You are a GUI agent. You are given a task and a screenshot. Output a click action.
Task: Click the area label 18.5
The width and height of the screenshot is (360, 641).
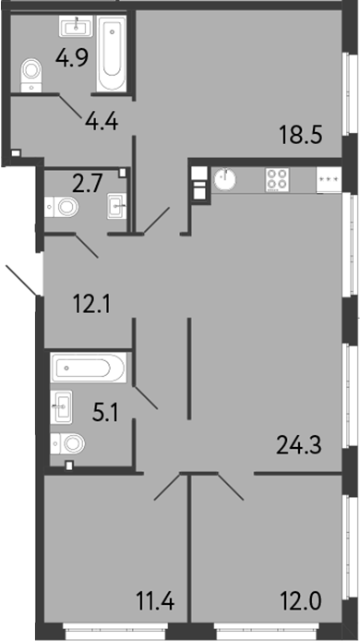(x=301, y=135)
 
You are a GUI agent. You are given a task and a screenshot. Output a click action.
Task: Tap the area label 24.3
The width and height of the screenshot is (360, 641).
(x=299, y=445)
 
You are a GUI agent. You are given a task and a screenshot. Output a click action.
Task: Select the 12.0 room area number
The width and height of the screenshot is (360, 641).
(x=301, y=601)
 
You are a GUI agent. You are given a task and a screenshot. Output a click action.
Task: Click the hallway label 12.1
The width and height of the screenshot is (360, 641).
(x=92, y=304)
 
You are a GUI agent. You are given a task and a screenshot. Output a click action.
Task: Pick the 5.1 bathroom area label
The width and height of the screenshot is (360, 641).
(x=105, y=415)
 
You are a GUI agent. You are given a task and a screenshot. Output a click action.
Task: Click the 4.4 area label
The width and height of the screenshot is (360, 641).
(x=102, y=121)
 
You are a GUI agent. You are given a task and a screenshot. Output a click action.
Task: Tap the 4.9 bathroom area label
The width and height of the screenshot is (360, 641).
(x=72, y=58)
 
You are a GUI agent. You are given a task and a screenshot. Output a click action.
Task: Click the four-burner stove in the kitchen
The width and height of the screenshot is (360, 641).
(x=277, y=180)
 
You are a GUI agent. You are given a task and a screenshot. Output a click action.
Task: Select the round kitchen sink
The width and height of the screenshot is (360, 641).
(x=224, y=180)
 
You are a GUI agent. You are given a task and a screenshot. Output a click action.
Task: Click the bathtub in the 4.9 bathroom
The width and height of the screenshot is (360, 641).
(x=112, y=54)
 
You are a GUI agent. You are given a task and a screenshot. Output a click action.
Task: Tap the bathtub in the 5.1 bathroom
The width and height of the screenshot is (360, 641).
(x=89, y=368)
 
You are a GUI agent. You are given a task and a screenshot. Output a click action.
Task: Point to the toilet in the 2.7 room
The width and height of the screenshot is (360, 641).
(x=62, y=207)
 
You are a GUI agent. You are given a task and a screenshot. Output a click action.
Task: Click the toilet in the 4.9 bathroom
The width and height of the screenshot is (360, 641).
(x=31, y=75)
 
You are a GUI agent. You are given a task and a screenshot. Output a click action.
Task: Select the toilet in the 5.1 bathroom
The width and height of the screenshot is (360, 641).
(x=67, y=443)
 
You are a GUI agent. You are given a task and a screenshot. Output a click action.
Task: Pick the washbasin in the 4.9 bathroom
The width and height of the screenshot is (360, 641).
(x=76, y=27)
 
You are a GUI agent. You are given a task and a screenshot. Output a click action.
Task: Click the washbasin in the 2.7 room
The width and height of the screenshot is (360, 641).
(x=118, y=207)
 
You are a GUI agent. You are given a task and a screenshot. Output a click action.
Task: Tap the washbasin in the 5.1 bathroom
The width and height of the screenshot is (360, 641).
(x=61, y=407)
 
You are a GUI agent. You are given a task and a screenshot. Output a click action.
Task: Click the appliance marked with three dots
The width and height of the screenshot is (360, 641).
(x=329, y=180)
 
